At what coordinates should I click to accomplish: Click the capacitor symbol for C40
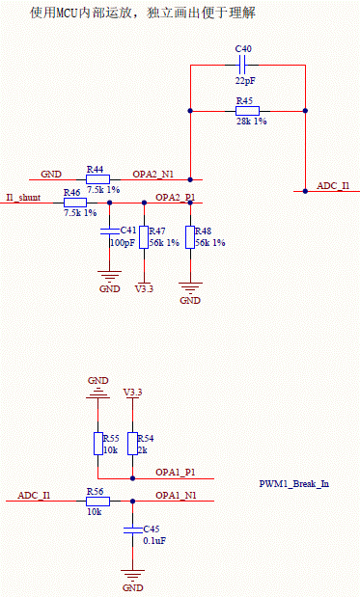pyautogui.click(x=242, y=66)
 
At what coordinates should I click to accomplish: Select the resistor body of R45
pyautogui.click(x=247, y=111)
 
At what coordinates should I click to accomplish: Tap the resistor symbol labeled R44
pyautogui.click(x=97, y=179)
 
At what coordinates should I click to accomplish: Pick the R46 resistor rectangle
pyautogui.click(x=75, y=203)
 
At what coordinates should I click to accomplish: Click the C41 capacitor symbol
pyautogui.click(x=110, y=231)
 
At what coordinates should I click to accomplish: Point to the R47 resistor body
pyautogui.click(x=144, y=237)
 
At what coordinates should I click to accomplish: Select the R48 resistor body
pyautogui.click(x=190, y=237)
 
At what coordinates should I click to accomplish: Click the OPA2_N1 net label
pyautogui.click(x=152, y=175)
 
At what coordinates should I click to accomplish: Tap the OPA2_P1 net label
pyautogui.click(x=176, y=198)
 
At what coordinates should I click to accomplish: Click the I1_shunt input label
pyautogui.click(x=23, y=198)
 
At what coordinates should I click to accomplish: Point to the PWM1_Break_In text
pyautogui.click(x=294, y=484)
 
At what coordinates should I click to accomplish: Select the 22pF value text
pyautogui.click(x=246, y=81)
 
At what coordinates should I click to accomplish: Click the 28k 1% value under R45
pyautogui.click(x=252, y=122)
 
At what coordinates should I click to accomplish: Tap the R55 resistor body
pyautogui.click(x=97, y=444)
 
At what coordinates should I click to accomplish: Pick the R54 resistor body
pyautogui.click(x=132, y=444)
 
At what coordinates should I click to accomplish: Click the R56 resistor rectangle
pyautogui.click(x=97, y=502)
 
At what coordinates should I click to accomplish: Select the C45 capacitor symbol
pyautogui.click(x=132, y=529)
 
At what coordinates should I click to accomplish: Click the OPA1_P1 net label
pyautogui.click(x=176, y=473)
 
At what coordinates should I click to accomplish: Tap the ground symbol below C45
pyautogui.click(x=132, y=575)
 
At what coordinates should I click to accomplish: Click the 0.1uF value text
pyautogui.click(x=154, y=541)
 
